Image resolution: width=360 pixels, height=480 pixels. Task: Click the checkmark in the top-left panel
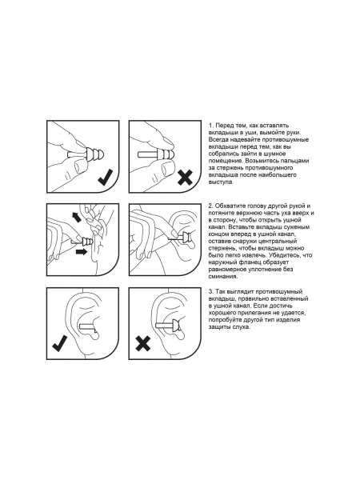click(x=106, y=178)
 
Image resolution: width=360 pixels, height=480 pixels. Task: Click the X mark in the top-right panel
click(x=185, y=178)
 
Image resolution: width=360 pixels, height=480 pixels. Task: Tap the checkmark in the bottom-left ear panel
click(x=59, y=343)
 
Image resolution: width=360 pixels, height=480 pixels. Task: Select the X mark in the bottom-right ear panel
click(x=143, y=343)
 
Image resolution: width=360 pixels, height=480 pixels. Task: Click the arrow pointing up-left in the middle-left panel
click(x=77, y=217)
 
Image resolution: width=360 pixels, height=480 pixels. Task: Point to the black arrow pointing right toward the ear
click(x=81, y=252)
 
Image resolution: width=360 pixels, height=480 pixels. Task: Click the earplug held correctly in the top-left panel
click(x=85, y=154)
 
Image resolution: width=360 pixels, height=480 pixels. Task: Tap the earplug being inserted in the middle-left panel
click(x=82, y=241)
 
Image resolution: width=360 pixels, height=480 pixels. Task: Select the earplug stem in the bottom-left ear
click(x=87, y=326)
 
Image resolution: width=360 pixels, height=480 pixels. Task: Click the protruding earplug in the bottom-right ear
click(x=168, y=326)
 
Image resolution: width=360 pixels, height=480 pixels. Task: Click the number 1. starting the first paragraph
click(x=210, y=126)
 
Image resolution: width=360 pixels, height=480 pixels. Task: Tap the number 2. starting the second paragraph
click(x=211, y=206)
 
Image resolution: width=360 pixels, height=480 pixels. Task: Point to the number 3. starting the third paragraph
click(x=211, y=291)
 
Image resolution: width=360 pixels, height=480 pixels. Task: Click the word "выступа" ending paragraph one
click(x=221, y=182)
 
